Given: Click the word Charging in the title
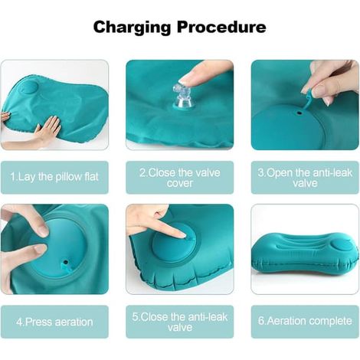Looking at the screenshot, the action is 132,28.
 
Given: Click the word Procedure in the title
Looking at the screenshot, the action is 221,27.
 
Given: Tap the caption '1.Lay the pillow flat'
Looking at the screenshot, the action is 54,177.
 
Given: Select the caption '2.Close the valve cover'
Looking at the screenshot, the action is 180,178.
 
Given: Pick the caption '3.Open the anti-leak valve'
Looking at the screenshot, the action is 305,178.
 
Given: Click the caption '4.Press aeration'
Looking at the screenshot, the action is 54,322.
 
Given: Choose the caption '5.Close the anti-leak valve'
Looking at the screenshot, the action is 180,322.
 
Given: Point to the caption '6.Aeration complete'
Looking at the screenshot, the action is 305,321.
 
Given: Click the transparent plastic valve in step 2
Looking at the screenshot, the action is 182,97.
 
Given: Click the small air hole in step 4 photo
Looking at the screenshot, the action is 66,262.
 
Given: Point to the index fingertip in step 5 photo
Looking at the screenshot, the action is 183,234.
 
